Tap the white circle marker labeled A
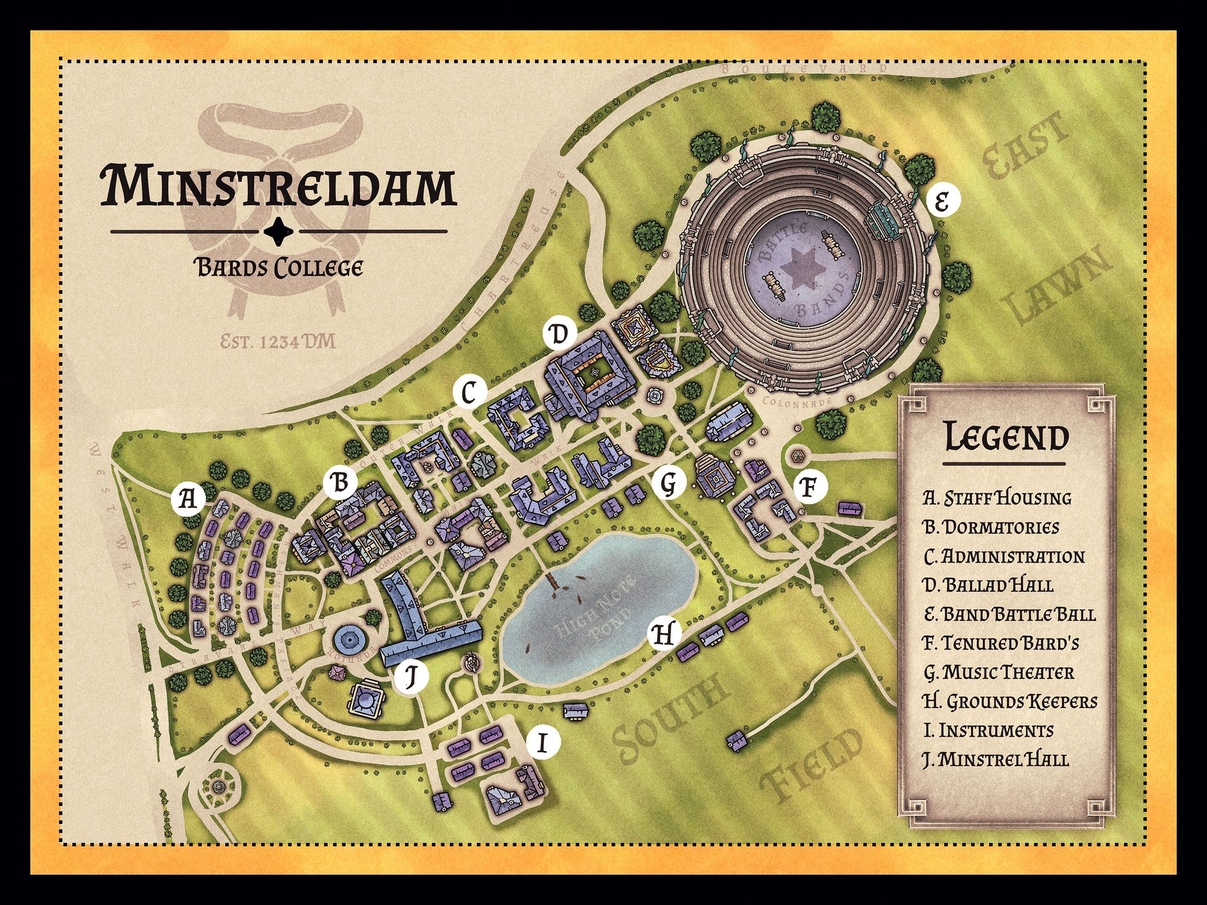point(188,499)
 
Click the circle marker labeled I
point(543,743)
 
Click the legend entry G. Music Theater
point(998,672)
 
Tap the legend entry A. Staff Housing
point(996,498)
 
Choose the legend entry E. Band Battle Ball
point(1009,614)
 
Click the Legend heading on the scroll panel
point(1006,437)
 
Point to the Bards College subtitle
point(278,268)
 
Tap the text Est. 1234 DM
point(278,343)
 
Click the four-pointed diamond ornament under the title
point(278,231)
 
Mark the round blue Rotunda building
point(350,642)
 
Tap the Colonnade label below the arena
point(797,401)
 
